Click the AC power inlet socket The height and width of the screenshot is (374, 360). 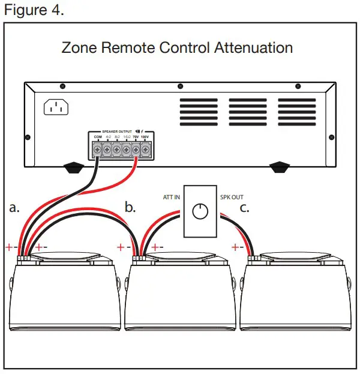point(56,107)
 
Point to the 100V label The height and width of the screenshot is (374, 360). point(145,137)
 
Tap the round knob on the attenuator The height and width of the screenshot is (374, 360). point(200,211)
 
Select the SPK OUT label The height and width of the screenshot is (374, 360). point(230,197)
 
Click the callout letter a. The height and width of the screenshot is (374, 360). point(14,208)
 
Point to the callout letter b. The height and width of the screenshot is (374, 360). point(130,208)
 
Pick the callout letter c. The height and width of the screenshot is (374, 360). point(244,208)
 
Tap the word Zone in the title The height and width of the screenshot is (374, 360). point(79,47)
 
